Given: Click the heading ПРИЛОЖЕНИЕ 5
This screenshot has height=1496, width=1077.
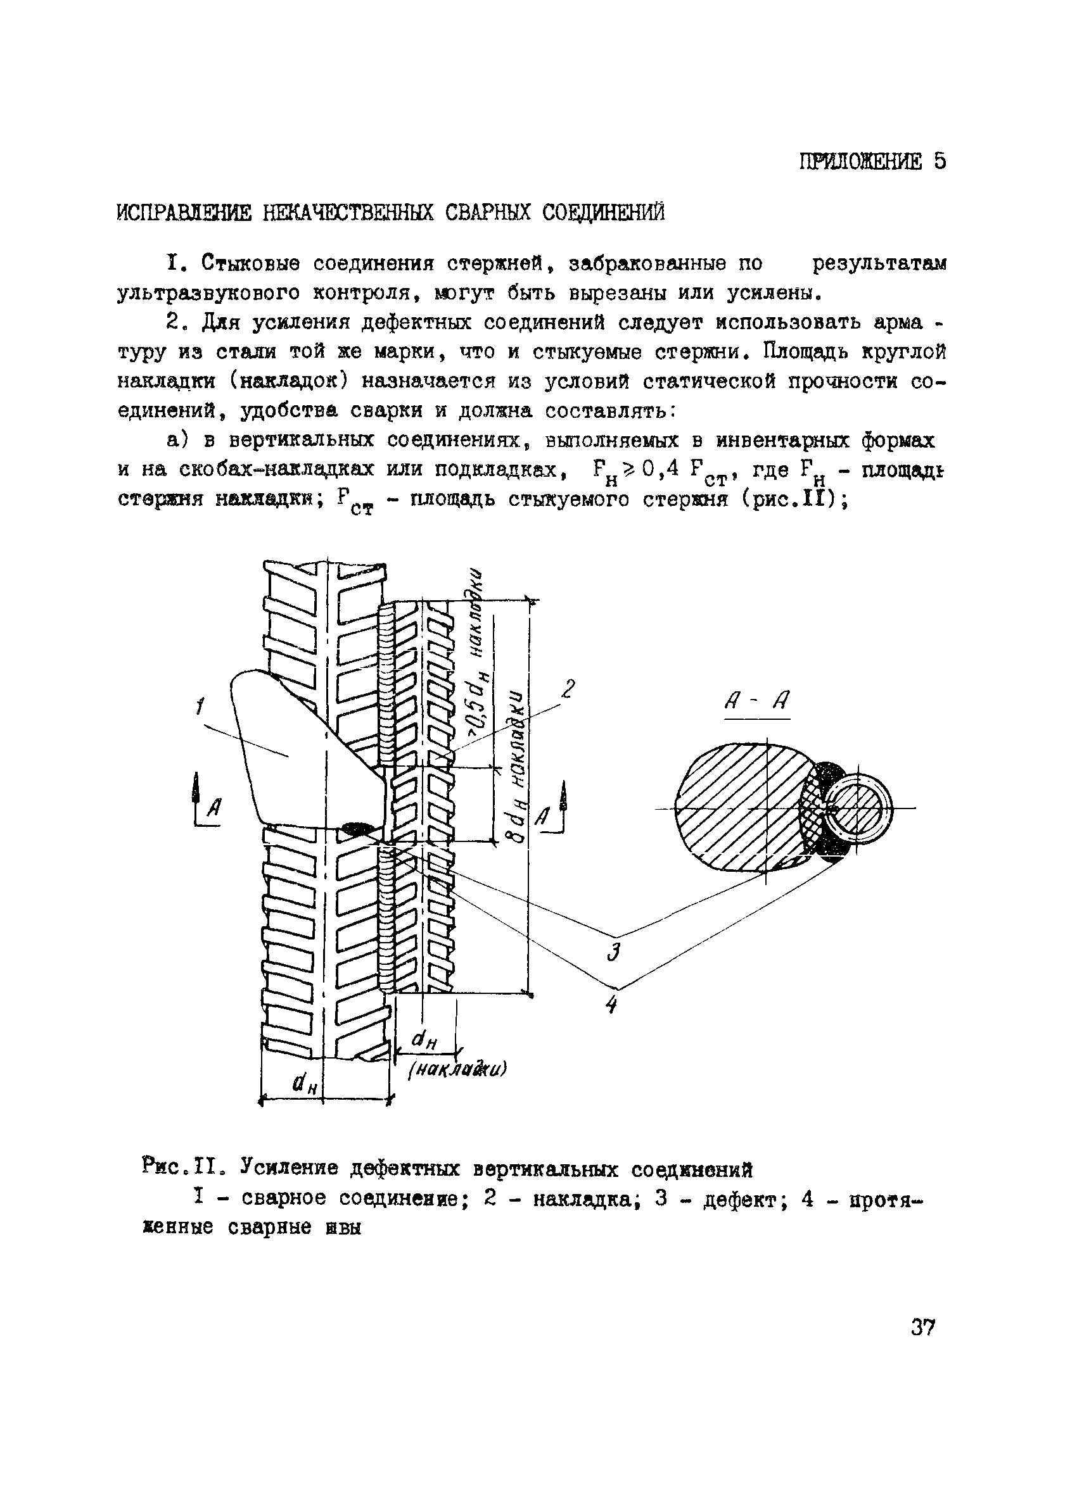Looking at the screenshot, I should coord(872,161).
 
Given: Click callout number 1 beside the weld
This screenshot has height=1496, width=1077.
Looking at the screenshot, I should coord(200,708).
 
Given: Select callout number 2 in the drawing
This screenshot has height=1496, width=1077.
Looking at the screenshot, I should coord(568,689).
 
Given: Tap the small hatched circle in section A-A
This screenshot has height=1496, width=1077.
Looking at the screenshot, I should coord(857,808).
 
